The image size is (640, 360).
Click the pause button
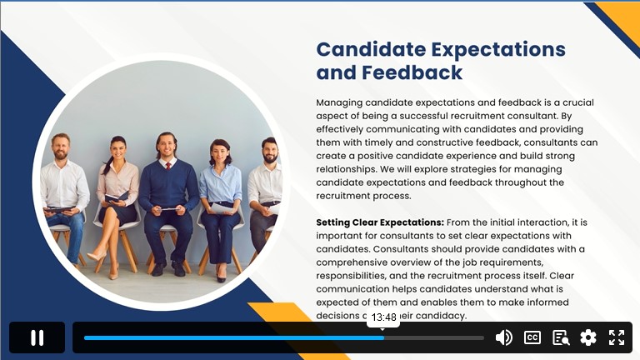(x=37, y=337)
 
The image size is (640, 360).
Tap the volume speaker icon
(x=503, y=337)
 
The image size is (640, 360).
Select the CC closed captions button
(x=532, y=337)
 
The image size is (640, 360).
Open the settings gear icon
(x=588, y=337)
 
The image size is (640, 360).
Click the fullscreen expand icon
(x=617, y=337)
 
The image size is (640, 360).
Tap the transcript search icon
(x=561, y=337)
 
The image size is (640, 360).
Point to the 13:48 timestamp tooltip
(x=383, y=317)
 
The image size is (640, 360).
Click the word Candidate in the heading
(x=371, y=49)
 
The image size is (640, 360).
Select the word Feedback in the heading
(x=412, y=72)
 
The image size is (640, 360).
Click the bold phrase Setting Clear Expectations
(x=380, y=222)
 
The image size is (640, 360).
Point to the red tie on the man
(x=168, y=165)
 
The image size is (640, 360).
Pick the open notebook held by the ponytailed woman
(x=117, y=197)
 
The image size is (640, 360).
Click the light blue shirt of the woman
(x=221, y=182)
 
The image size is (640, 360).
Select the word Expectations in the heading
(x=498, y=49)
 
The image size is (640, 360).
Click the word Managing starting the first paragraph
(x=339, y=102)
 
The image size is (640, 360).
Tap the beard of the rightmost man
(x=270, y=158)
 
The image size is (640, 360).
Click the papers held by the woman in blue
(x=222, y=208)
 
